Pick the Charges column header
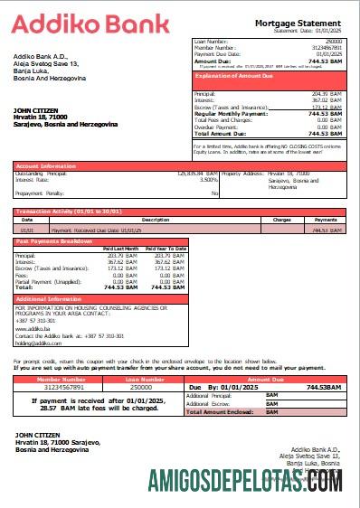click(281, 220)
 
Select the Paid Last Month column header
click(120, 248)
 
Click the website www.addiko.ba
click(32, 330)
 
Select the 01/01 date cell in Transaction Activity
click(27, 230)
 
